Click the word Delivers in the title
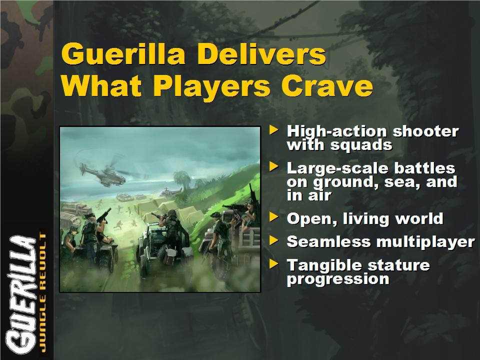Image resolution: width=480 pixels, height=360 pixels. point(261,54)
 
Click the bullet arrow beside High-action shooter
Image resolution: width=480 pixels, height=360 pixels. point(273,129)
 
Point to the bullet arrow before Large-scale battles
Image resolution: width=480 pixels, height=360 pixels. point(273,167)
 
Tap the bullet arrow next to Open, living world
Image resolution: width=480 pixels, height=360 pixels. point(273,217)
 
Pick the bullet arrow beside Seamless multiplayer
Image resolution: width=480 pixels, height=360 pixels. point(273,240)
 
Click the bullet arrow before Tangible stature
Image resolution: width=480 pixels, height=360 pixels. point(273,264)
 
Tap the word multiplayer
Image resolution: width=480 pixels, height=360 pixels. point(426,242)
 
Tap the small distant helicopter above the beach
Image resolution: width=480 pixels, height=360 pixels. point(170,192)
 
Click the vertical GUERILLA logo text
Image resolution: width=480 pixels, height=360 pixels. point(21,295)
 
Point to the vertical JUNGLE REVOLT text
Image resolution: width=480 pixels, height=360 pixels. point(42,292)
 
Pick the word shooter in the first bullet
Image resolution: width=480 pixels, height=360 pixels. point(426,131)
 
